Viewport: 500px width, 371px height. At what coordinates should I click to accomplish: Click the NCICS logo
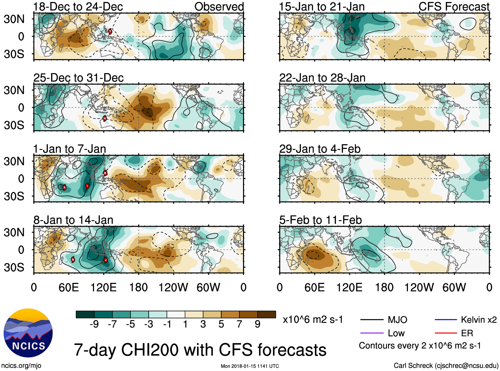tap(28, 333)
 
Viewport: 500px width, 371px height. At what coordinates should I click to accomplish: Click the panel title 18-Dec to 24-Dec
tap(78, 7)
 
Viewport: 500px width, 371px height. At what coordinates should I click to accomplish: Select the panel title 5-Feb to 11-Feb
tap(320, 220)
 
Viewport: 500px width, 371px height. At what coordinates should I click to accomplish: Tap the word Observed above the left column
tap(219, 7)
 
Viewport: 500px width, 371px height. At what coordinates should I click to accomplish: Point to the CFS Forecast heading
tap(454, 7)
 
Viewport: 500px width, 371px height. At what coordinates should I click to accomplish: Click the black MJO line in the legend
tap(372, 320)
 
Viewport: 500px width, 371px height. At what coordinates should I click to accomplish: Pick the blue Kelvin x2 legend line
tap(445, 320)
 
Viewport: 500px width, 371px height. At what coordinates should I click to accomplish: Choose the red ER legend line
tap(445, 333)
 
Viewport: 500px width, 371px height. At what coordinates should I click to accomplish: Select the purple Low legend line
tap(372, 333)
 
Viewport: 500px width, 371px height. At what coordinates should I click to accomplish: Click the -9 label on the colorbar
tap(94, 324)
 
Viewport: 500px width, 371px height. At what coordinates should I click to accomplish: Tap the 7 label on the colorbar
tap(239, 324)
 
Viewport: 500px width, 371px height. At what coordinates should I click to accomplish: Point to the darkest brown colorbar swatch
tap(267, 314)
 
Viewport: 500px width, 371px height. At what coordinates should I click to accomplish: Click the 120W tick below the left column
tap(173, 287)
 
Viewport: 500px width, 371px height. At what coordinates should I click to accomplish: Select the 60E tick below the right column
tap(315, 287)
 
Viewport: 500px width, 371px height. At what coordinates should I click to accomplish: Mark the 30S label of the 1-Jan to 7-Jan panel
tap(14, 196)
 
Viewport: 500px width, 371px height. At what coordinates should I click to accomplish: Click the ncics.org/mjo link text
tap(21, 366)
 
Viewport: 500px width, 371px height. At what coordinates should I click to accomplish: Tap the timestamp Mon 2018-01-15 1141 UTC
tap(250, 366)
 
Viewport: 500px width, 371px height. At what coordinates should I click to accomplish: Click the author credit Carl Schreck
tap(446, 366)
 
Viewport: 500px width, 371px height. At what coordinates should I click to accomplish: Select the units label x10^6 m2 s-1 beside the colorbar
tap(313, 320)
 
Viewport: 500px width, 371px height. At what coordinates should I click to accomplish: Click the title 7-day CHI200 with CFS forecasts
tap(200, 350)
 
